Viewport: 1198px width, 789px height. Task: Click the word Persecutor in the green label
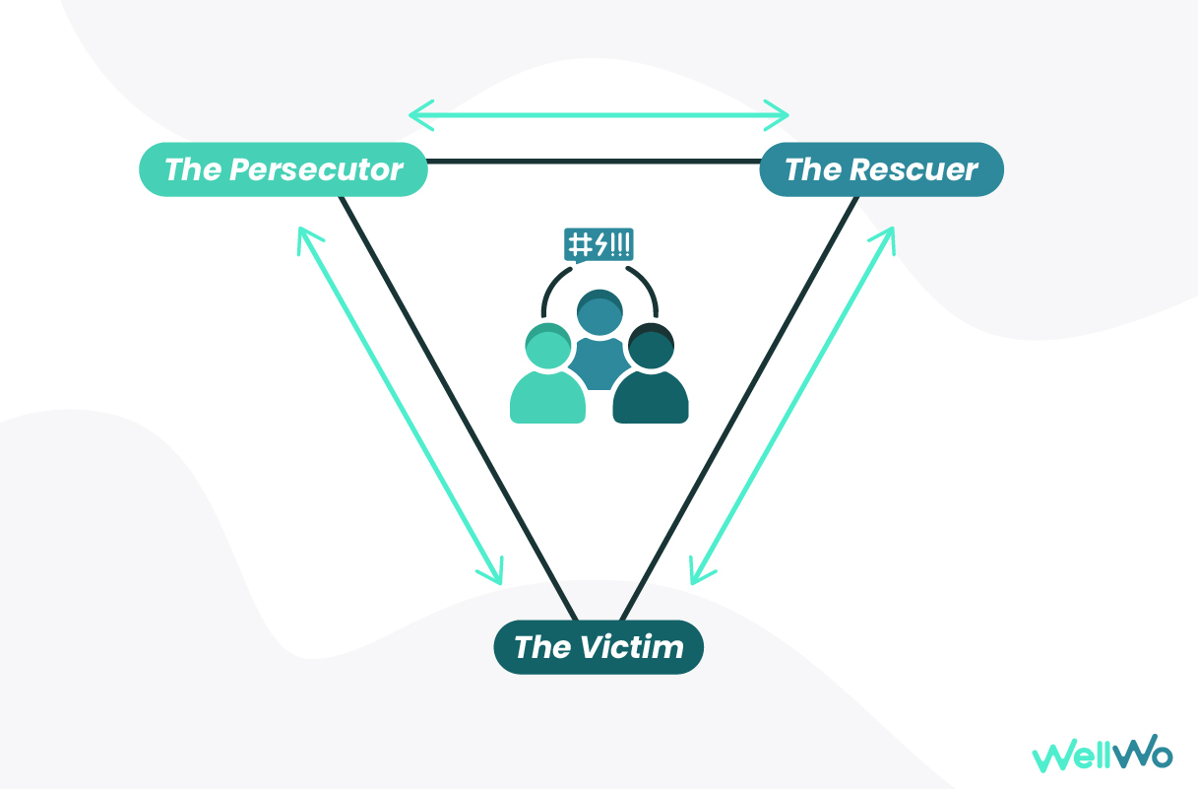pos(316,169)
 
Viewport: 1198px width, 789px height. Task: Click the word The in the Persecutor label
pos(192,169)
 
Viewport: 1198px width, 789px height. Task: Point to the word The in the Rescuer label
pos(812,169)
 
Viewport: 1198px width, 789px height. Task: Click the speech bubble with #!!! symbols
pos(598,244)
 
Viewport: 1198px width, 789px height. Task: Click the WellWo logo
pos(1103,756)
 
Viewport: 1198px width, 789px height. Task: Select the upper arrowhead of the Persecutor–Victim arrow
pos(304,235)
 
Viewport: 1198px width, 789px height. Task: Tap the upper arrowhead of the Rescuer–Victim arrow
pos(888,235)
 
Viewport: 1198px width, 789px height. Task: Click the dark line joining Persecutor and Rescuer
pos(591,161)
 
